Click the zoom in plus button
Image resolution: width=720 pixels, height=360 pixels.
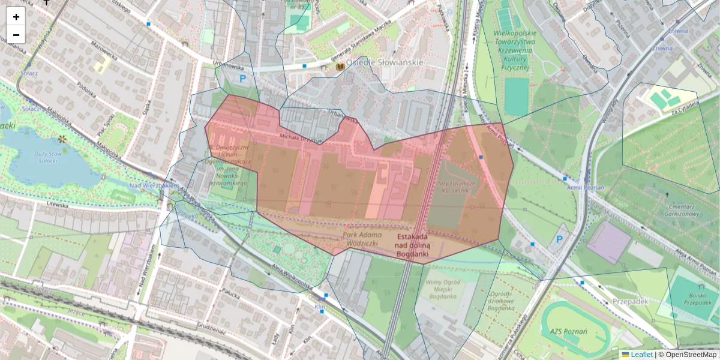pyautogui.click(x=16, y=17)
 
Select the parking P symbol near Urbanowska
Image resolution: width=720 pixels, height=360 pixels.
pyautogui.click(x=243, y=78)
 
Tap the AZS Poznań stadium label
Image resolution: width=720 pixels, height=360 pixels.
pyautogui.click(x=568, y=332)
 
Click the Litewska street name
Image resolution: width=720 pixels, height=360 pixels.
pyautogui.click(x=58, y=205)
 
